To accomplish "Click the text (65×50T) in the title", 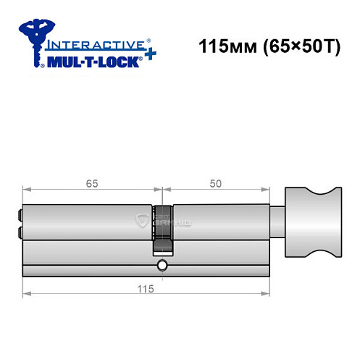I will click(295, 49).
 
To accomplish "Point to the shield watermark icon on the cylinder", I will click(143, 222).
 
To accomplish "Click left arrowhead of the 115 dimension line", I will click(26, 294).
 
